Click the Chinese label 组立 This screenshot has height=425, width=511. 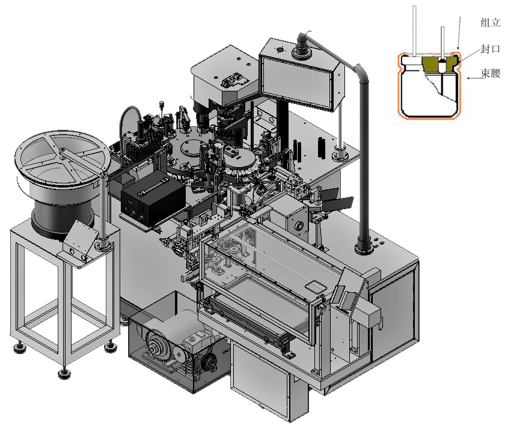[x=490, y=22]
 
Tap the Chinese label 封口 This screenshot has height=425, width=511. [x=490, y=49]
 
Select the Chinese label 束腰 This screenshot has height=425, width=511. [x=491, y=73]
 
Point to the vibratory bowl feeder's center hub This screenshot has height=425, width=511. [x=61, y=150]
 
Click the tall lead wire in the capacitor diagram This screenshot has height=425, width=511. [x=415, y=31]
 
